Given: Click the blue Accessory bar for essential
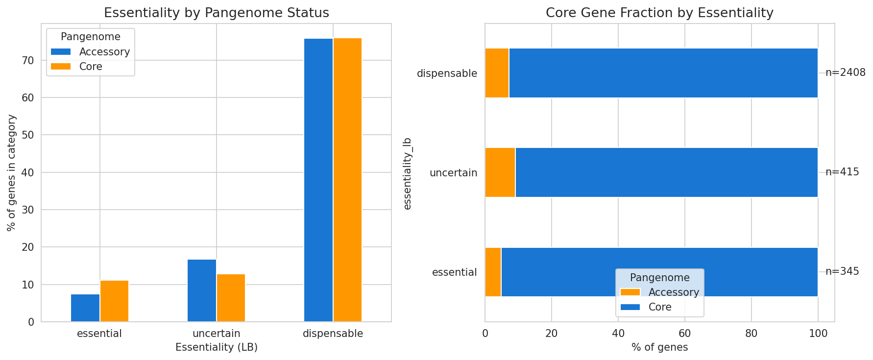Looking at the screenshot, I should (x=85, y=308).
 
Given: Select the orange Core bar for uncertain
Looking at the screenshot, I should (x=231, y=298).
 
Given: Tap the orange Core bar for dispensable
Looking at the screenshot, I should (x=347, y=180).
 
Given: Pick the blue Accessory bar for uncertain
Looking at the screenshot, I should (x=202, y=290).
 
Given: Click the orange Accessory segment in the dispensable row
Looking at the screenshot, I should (x=497, y=73).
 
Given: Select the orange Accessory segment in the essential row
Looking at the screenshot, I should (x=493, y=272).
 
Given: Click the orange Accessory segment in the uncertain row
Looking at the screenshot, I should (x=500, y=172).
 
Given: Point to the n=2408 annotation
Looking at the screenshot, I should (x=845, y=73).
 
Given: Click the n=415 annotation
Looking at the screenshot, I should (x=842, y=172).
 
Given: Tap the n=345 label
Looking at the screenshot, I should (x=842, y=272).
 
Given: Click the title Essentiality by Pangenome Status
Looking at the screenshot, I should (x=216, y=13).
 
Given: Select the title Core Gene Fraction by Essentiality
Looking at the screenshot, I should (x=659, y=13).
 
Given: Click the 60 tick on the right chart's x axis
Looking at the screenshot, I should (x=684, y=334).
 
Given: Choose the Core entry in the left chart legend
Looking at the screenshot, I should (x=91, y=67).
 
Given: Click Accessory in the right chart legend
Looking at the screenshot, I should (x=673, y=292).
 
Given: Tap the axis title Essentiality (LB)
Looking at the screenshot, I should (x=216, y=348).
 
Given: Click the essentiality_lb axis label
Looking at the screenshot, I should (x=407, y=173).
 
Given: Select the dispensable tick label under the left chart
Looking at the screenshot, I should (x=333, y=334).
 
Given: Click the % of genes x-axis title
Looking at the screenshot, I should (x=659, y=348).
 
